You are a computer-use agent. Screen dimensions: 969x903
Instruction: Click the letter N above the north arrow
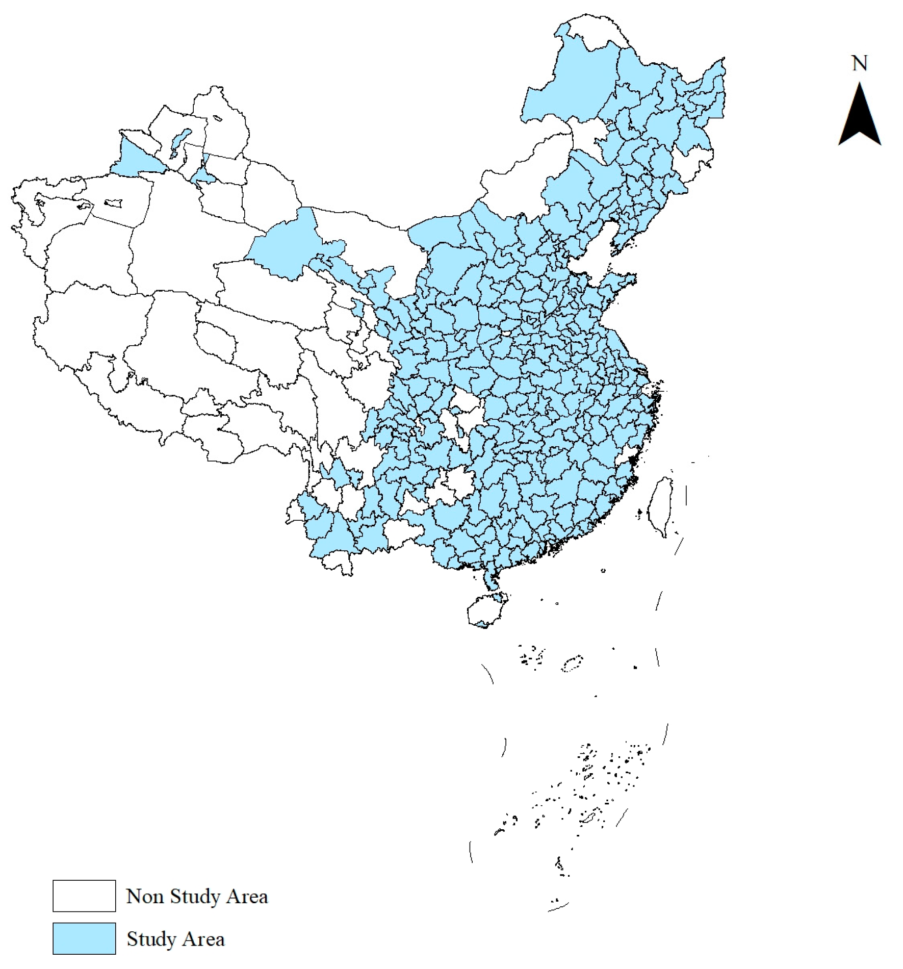tap(859, 64)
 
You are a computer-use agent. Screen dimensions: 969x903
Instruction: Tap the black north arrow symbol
tap(860, 120)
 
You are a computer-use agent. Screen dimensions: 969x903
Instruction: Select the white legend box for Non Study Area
tap(84, 896)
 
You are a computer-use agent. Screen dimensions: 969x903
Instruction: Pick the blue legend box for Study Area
tap(84, 938)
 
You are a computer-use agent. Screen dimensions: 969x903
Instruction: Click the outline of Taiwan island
tap(659, 505)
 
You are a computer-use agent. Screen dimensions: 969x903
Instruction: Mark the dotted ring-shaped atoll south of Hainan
tap(572, 664)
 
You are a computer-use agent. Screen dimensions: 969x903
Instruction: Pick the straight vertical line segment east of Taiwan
tap(686, 495)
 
